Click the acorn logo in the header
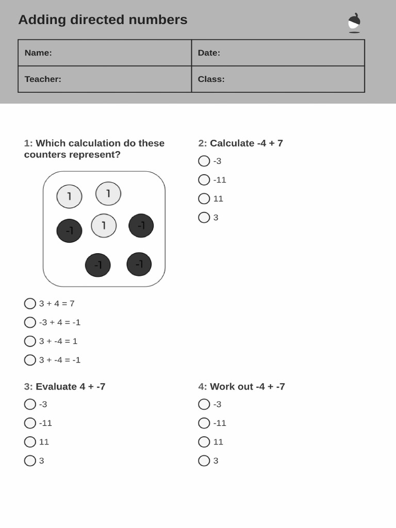coord(354,23)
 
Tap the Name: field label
coord(38,53)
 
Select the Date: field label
coord(209,53)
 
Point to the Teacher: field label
coord(43,79)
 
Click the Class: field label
coord(211,79)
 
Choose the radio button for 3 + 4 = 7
coord(30,303)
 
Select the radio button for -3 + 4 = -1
coord(30,322)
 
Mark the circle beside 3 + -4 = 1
coord(30,341)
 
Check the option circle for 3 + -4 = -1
coord(30,360)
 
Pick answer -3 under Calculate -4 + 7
coord(204,161)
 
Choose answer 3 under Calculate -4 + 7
coord(204,217)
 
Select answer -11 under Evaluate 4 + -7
coord(30,423)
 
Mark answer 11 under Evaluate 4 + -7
coord(30,442)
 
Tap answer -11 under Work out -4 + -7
coord(204,423)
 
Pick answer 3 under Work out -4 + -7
coord(204,460)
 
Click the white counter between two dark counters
coord(104,226)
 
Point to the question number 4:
coord(203,387)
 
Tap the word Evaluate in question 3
coord(56,387)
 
